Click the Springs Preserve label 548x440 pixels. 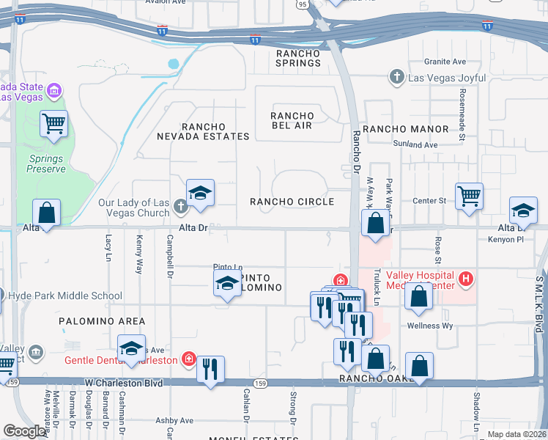(47, 164)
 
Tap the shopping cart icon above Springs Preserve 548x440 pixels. (54, 125)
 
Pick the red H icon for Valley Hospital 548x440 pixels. (464, 279)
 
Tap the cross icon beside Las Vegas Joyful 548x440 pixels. (396, 76)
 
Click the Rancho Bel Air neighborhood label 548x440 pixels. (292, 121)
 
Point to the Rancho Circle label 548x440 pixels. (292, 202)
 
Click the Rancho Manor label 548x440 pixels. (405, 129)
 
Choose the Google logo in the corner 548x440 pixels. (25, 431)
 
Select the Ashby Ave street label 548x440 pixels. (174, 421)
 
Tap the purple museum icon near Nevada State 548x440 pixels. (53, 91)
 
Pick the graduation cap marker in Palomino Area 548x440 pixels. (131, 349)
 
